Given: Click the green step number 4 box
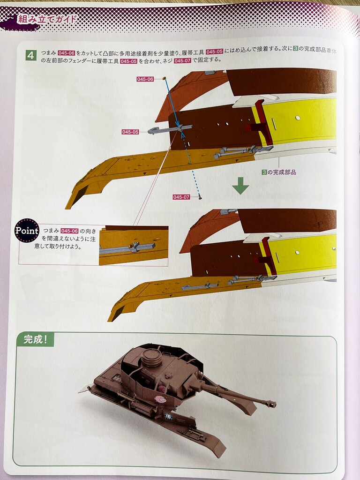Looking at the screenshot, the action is (31, 55).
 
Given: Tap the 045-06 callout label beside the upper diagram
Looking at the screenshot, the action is (145, 79).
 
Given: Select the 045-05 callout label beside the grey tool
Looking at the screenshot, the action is (130, 132).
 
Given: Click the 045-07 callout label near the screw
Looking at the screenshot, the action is (181, 197).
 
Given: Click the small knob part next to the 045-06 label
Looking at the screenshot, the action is (164, 78).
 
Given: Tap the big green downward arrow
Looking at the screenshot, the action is (240, 186).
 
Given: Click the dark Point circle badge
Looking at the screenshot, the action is (27, 231).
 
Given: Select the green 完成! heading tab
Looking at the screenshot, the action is (35, 339).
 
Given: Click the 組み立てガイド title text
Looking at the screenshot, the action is (47, 19).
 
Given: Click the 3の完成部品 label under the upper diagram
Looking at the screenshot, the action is (278, 172).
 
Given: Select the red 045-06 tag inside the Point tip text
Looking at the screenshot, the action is (69, 231).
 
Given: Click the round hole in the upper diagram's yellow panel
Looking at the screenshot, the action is (298, 118).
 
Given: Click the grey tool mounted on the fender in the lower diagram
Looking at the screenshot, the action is (199, 287).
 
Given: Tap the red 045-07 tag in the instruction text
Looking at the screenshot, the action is (182, 60).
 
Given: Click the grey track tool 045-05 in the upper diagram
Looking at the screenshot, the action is (170, 129).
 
